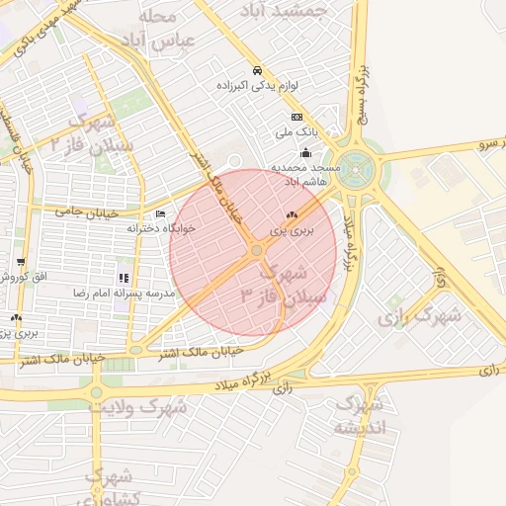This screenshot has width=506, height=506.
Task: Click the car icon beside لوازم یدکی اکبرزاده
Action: tap(257, 70)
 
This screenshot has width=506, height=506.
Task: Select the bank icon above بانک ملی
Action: tap(296, 117)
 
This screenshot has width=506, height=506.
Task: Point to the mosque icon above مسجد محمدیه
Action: tap(305, 152)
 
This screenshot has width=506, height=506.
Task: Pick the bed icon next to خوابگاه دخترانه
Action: tap(160, 213)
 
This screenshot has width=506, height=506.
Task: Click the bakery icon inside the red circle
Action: tap(291, 214)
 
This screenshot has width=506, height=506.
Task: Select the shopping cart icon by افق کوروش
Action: tap(21, 262)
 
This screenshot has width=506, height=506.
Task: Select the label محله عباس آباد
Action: tap(157, 29)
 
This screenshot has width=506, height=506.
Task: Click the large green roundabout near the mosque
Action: tap(353, 170)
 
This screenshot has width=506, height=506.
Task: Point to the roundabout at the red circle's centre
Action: tap(256, 251)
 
